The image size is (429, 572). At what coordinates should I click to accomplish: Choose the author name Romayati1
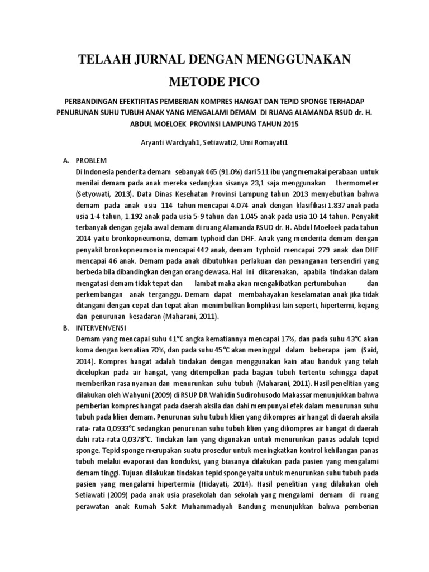coord(270,144)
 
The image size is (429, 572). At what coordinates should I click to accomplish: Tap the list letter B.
coord(65,328)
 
